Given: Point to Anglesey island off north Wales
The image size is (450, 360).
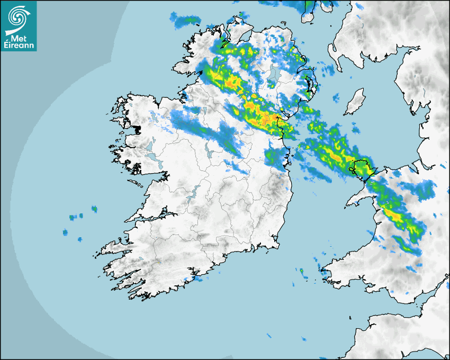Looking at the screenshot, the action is [362, 167].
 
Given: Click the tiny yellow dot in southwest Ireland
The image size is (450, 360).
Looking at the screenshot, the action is [158, 263].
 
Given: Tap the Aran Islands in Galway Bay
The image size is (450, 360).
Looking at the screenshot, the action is [137, 184].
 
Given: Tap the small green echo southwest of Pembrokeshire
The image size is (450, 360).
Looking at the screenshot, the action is [301, 272].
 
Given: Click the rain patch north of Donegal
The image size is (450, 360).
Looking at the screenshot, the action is [185, 21].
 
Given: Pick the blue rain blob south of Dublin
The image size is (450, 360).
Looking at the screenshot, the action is [275, 156].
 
